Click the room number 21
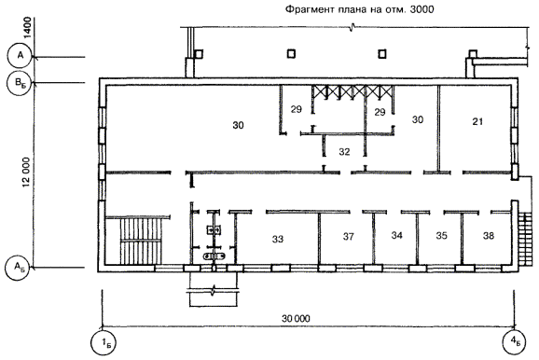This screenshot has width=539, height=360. click(477, 121)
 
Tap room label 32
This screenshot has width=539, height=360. click(344, 152)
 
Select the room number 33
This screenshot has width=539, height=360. click(278, 239)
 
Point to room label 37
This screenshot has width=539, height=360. click(348, 237)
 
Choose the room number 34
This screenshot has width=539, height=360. click(396, 235)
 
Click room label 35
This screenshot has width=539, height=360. click(442, 236)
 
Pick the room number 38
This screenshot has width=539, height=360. click(489, 236)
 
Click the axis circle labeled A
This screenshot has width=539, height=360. click(21, 55)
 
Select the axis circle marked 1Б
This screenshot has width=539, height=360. click(104, 343)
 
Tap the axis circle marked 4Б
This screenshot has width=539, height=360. click(515, 342)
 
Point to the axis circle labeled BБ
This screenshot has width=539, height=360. click(20, 83)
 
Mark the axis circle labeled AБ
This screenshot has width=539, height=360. click(19, 267)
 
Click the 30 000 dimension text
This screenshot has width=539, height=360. click(296, 319)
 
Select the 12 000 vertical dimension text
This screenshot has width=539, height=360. click(27, 173)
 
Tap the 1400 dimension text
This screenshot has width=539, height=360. click(27, 27)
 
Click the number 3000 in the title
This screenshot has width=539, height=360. click(422, 9)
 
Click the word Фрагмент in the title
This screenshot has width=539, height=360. click(303, 9)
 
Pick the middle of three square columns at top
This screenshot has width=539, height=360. click(291, 54)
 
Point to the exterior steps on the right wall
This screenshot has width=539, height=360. click(525, 239)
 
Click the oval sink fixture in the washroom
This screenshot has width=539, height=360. click(214, 256)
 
